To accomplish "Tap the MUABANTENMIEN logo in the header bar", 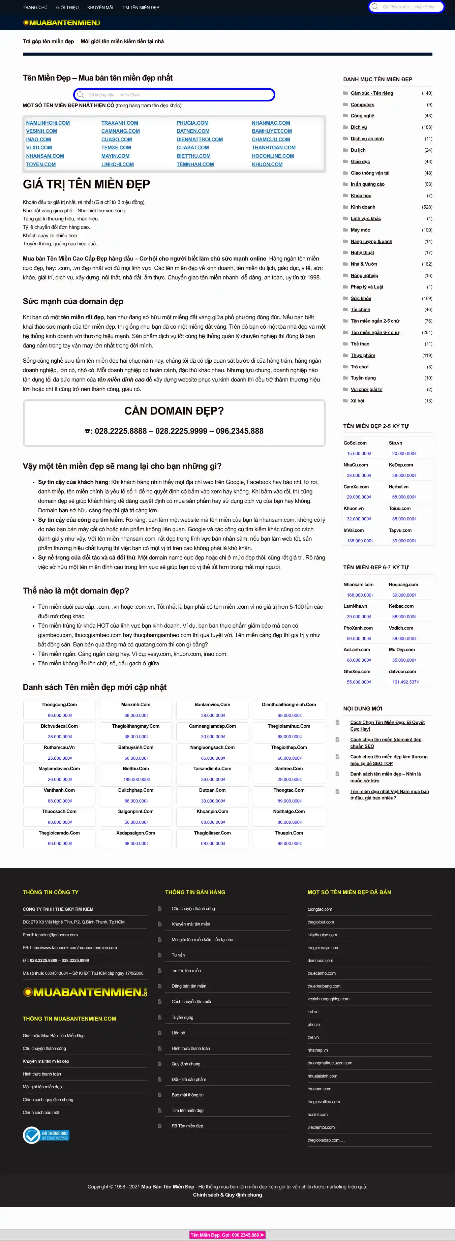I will point(62,23).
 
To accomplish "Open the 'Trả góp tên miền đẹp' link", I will point(48,41).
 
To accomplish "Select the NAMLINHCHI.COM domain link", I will point(48,123).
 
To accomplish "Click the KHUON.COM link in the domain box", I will point(267,164).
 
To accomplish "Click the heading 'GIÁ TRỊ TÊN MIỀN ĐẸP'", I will point(86,184).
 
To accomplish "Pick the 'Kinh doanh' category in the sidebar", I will point(363,207).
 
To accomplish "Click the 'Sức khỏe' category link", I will point(361,299).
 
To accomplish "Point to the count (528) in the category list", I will point(427,207).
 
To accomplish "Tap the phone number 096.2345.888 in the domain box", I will point(240,431).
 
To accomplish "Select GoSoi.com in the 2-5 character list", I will point(355,443).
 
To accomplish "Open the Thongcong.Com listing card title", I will point(59,704).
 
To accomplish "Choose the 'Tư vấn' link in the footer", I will point(178,955).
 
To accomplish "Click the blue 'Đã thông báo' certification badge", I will point(46,1135).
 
